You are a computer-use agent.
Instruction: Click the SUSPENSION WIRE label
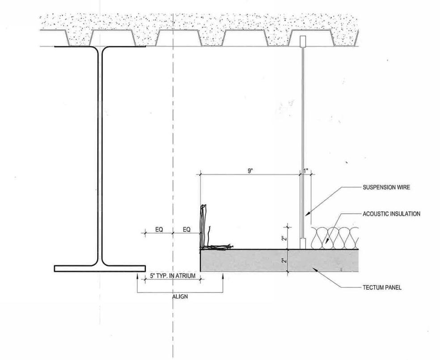[386, 187]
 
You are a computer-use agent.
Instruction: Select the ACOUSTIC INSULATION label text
[391, 214]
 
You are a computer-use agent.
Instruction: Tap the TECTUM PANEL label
[381, 288]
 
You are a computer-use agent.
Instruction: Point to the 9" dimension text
[250, 171]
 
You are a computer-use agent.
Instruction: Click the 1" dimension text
[306, 171]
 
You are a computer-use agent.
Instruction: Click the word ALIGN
[180, 296]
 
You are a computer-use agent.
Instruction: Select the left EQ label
[159, 229]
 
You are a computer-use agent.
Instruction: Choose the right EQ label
[186, 229]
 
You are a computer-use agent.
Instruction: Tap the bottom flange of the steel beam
[100, 268]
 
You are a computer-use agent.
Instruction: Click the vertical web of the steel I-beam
[100, 157]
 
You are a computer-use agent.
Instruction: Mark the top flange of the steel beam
[100, 47]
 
